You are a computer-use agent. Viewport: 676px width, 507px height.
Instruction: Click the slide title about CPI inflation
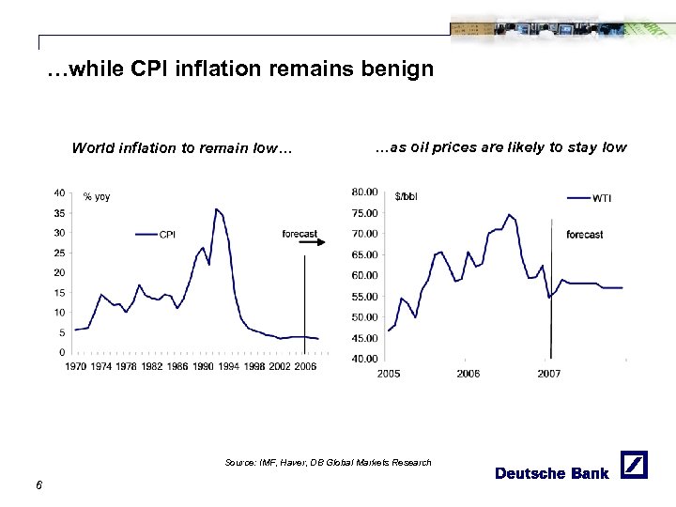coord(239,69)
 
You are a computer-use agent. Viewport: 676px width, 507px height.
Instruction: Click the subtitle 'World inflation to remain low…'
coord(182,147)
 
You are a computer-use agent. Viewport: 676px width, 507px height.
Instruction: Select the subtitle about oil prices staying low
coord(500,147)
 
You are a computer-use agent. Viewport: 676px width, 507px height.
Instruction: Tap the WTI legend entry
coord(591,197)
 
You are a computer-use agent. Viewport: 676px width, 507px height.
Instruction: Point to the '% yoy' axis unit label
coord(97,196)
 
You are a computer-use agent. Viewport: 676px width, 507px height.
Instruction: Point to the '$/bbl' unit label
coord(409,196)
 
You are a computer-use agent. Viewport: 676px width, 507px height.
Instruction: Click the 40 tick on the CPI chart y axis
coord(58,192)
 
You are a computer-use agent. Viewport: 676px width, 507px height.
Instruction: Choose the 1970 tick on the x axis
coord(78,366)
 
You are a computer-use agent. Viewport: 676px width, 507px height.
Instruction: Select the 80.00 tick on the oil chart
coord(365,192)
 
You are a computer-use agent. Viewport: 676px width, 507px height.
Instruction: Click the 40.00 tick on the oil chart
coord(365,359)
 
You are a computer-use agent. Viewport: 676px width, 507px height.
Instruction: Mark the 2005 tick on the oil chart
coord(389,373)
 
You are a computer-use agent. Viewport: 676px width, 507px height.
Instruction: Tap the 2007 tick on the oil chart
coord(549,373)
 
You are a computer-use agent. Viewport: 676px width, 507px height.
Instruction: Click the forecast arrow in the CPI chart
coord(312,243)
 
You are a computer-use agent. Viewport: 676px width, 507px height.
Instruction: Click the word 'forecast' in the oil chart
coord(585,234)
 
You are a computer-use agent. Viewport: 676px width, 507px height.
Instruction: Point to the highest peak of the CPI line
coord(216,209)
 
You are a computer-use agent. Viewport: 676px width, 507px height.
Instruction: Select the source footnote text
coord(329,462)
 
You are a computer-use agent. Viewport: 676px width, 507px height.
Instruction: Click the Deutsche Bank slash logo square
coord(635,465)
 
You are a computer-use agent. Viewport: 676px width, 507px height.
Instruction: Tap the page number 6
coord(38,484)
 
